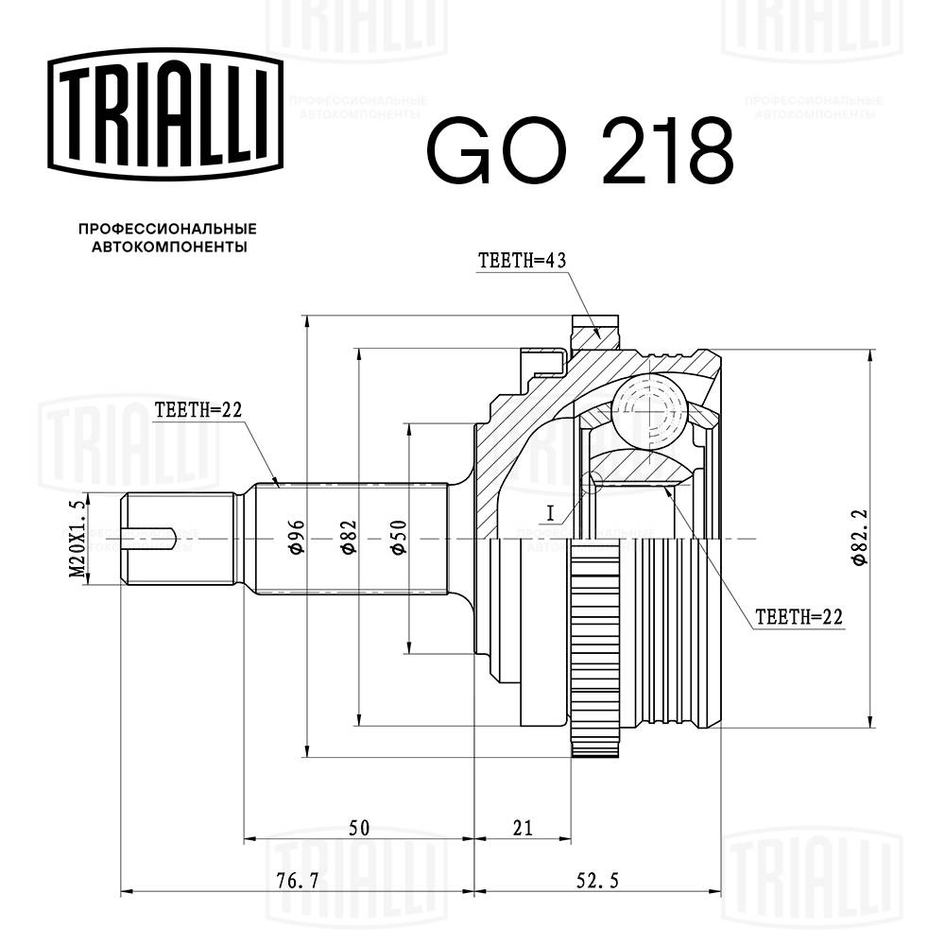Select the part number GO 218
point(580,151)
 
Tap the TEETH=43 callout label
point(522,262)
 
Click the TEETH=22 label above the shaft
point(199,409)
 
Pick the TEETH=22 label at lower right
point(798,617)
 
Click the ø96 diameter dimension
point(295,539)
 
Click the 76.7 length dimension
point(298,881)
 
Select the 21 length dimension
point(523,828)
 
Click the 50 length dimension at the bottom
point(358,828)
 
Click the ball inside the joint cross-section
point(648,407)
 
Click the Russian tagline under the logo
point(167,237)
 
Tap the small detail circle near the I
point(593,483)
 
